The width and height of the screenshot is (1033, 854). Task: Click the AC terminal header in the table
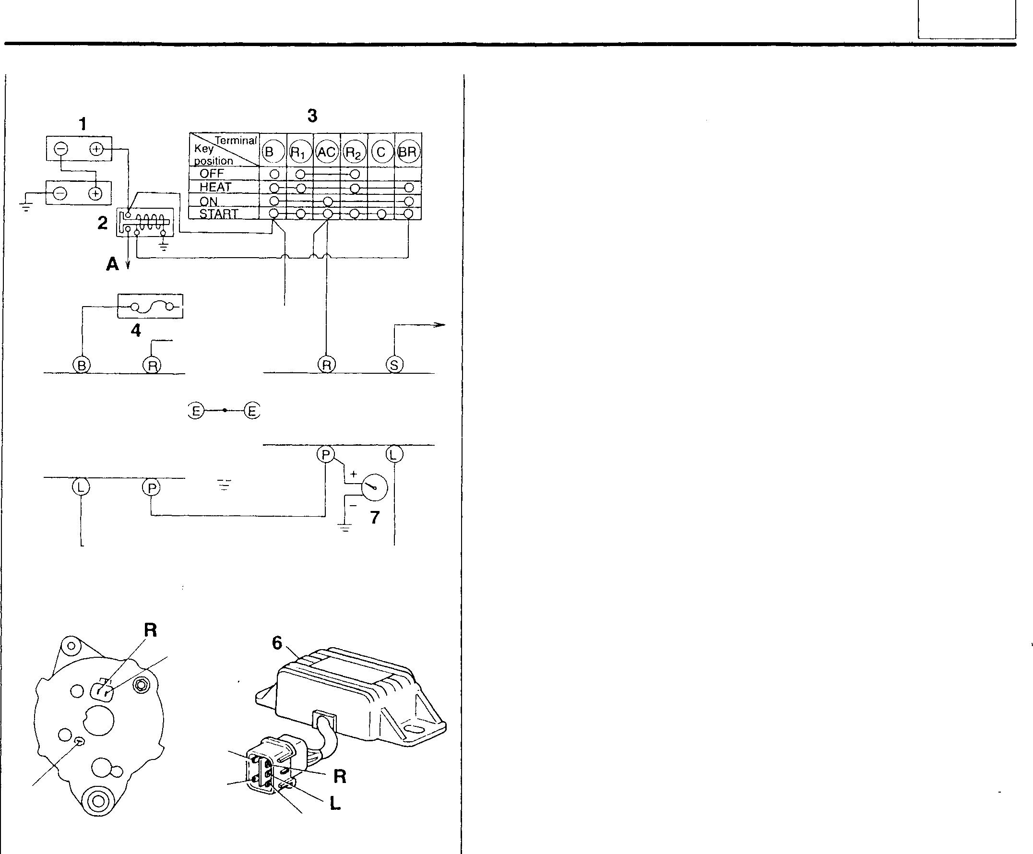pos(327,152)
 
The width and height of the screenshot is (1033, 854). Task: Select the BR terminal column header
pos(408,152)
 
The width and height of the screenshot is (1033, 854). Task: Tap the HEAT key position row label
pos(215,188)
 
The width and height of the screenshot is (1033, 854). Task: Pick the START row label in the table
pos(218,214)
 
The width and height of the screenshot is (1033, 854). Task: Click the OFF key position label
pos(212,174)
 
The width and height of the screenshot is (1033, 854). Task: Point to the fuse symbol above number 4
pos(151,307)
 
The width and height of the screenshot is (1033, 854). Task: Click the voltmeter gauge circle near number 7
pos(374,487)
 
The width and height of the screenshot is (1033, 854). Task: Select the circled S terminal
pos(394,365)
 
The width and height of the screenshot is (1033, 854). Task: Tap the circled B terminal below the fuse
pos(82,366)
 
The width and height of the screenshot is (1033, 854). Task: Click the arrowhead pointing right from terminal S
pos(441,325)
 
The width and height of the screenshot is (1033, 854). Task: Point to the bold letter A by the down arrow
pos(112,265)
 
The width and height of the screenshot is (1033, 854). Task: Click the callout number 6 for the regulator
pos(277,643)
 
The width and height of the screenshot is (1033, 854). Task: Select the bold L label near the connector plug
pos(335,803)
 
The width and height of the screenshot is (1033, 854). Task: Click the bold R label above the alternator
pos(151,629)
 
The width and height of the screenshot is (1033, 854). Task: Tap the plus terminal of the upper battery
pos(96,149)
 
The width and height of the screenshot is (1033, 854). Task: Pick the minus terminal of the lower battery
pos(60,193)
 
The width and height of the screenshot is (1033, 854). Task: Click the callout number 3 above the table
pos(312,116)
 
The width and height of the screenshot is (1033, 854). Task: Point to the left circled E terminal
pos(196,410)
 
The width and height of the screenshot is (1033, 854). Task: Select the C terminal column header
pos(381,152)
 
